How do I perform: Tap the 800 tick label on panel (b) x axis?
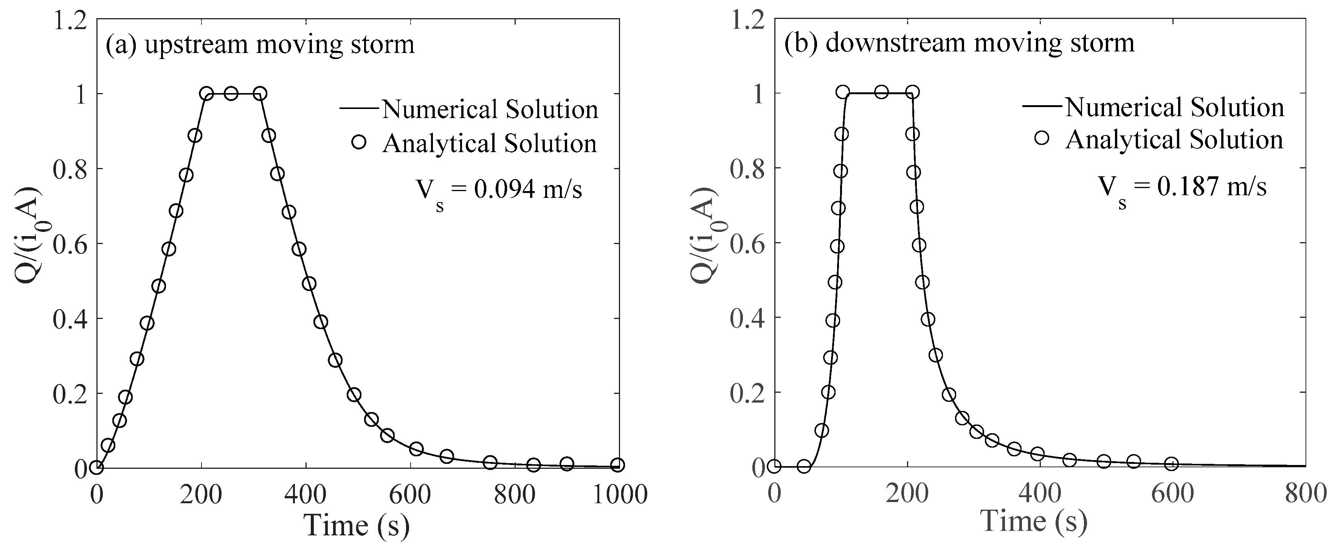pos(1305,493)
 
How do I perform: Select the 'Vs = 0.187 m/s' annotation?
pos(1182,188)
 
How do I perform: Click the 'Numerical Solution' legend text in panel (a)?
pos(490,109)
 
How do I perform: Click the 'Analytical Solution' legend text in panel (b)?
pos(1174,140)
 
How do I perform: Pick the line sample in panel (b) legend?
pos(1043,106)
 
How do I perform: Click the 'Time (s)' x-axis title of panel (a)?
pos(357,525)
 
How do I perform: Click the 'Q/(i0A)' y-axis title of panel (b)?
pos(706,236)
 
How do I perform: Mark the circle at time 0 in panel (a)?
pos(96,468)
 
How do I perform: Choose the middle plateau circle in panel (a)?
pos(231,94)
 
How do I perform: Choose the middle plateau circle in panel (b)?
pos(881,92)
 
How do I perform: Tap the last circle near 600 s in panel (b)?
pos(1171,464)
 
